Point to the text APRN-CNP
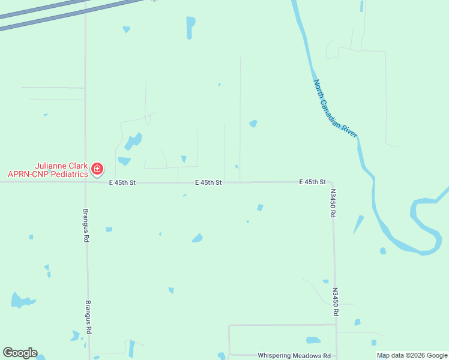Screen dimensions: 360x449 [x=26, y=174]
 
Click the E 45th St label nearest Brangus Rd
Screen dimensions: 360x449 [x=122, y=182]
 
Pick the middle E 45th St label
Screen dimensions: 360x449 [x=209, y=182]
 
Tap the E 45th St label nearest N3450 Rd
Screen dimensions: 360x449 [x=312, y=182]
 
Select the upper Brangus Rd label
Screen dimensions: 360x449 [x=86, y=225]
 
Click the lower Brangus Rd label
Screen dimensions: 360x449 [x=88, y=317]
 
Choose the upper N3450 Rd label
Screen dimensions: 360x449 [x=333, y=204]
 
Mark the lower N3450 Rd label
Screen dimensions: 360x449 [x=336, y=301]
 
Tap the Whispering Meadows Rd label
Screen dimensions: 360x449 [x=294, y=355]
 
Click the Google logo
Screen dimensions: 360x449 [x=20, y=353]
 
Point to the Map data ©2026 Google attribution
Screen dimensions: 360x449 [x=412, y=355]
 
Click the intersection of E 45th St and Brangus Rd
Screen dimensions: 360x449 [x=85, y=181]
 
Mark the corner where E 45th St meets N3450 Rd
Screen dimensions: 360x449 [x=332, y=182]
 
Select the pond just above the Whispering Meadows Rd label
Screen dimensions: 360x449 [x=313, y=340]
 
